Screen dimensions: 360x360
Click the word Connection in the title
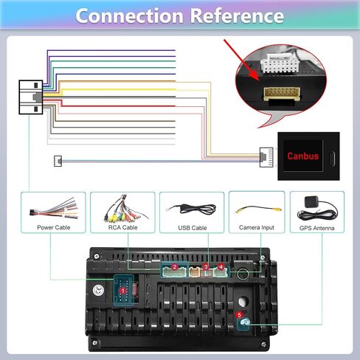click(130, 16)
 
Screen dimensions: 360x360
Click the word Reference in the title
click(238, 16)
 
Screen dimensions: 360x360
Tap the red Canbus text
click(302, 156)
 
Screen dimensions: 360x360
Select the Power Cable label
click(54, 227)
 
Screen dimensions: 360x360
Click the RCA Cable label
click(122, 227)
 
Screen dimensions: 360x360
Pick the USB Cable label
click(193, 228)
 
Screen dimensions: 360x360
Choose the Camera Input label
click(257, 227)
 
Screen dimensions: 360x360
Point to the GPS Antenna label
click(316, 228)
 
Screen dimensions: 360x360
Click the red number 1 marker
click(122, 291)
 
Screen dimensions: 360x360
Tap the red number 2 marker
click(175, 267)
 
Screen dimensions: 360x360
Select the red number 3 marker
click(206, 267)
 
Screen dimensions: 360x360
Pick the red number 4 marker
click(221, 267)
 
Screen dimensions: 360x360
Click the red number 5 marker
click(239, 315)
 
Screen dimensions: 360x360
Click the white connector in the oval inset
click(280, 63)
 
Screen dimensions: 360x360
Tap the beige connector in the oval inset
click(282, 94)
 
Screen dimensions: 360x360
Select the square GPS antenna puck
click(311, 202)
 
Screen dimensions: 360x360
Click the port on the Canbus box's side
click(333, 158)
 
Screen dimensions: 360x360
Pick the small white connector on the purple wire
click(58, 161)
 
